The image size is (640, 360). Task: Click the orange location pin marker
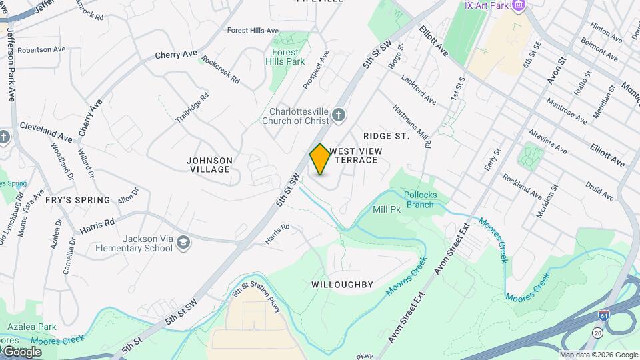[321, 159]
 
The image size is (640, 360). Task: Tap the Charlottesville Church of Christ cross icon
[339, 116]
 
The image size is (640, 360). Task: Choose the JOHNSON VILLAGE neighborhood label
[209, 165]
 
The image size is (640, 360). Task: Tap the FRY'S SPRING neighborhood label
[78, 200]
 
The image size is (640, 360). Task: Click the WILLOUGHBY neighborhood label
[342, 285]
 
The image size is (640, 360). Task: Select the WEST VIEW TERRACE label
[355, 155]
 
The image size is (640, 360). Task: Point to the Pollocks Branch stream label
[419, 199]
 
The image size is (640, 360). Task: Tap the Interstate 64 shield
[603, 315]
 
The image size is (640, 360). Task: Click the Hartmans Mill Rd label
[412, 126]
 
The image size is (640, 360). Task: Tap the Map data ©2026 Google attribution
[598, 355]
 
